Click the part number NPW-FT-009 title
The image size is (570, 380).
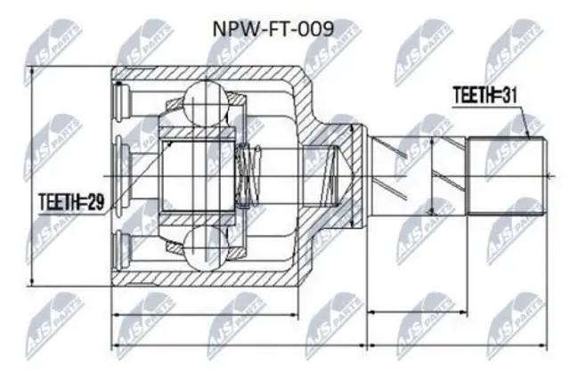[x=273, y=29]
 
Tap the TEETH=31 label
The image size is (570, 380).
[x=484, y=95]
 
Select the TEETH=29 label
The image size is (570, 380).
[x=71, y=202]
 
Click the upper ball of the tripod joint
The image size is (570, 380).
[x=206, y=103]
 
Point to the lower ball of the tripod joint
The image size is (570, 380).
[x=206, y=248]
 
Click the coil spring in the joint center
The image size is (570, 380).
[x=248, y=176]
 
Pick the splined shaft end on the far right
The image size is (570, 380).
[x=507, y=176]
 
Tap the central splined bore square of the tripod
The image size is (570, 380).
[x=198, y=176]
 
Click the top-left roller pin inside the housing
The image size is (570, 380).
[x=122, y=102]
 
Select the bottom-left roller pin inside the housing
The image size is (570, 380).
[x=122, y=250]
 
